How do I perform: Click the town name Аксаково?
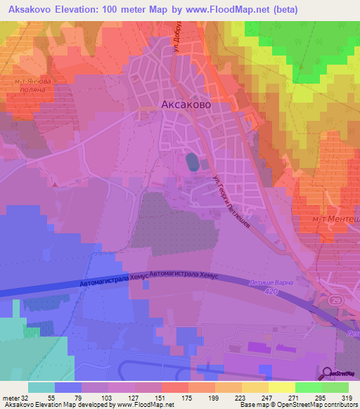point(186,104)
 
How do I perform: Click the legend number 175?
point(186,398)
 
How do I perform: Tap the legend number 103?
point(105,398)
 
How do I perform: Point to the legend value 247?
point(267,398)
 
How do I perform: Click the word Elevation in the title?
point(75,10)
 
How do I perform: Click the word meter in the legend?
point(8,398)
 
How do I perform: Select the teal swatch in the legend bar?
point(41,387)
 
